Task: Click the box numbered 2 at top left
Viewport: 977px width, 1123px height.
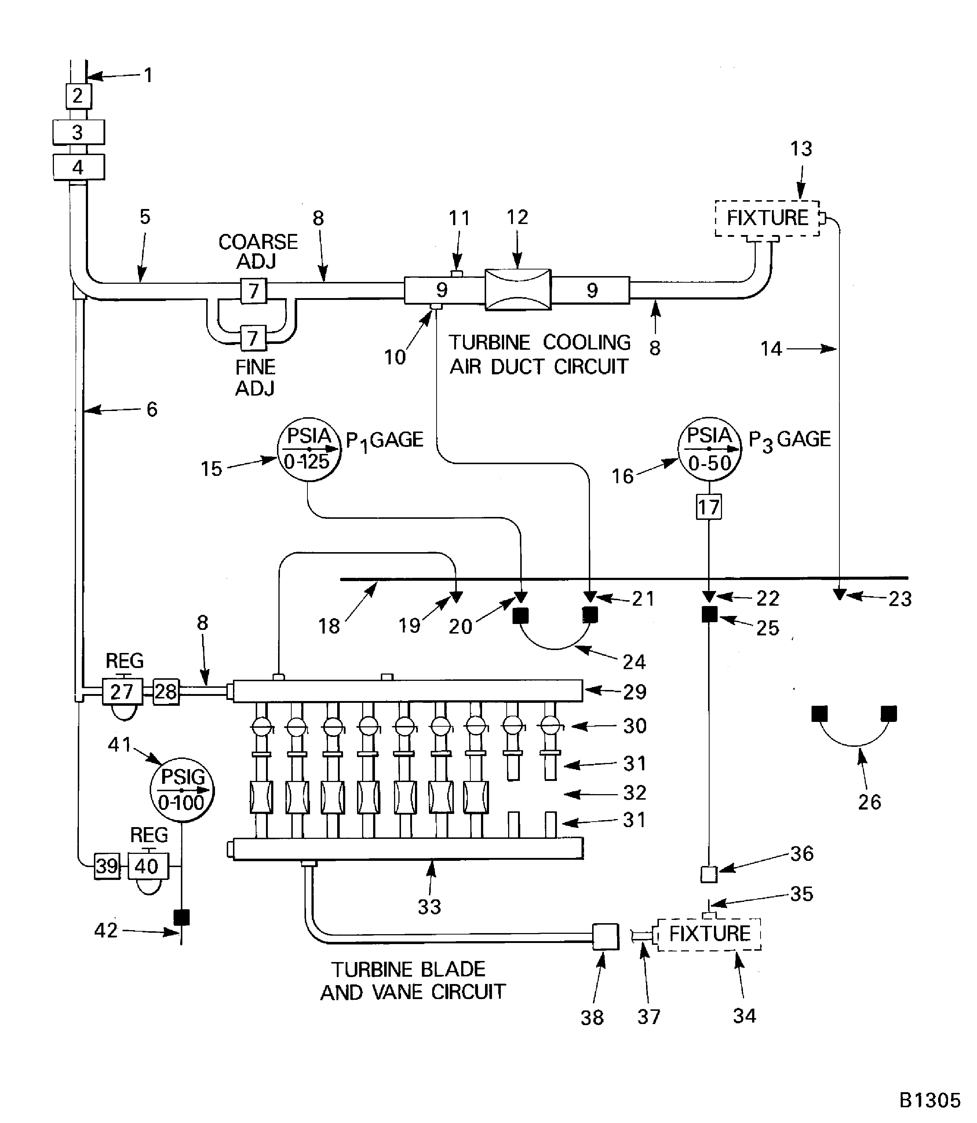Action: point(78,96)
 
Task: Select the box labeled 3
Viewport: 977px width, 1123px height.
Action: point(78,132)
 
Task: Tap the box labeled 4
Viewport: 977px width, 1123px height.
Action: point(78,167)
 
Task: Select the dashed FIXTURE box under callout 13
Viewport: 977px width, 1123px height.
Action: point(767,218)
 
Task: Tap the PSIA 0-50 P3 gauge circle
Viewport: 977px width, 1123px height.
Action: point(709,449)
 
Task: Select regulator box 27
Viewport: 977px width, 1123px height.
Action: point(122,692)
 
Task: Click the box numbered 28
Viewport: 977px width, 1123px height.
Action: point(166,692)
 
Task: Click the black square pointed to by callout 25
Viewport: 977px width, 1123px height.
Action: point(709,614)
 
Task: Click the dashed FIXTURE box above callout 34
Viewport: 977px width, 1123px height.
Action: point(709,934)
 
